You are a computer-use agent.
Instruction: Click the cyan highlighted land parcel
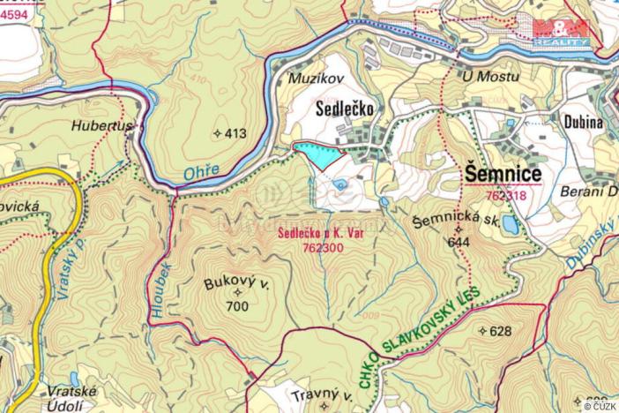click(x=317, y=154)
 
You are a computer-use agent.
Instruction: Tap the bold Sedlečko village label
click(x=345, y=109)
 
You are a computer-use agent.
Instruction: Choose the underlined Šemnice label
click(x=503, y=173)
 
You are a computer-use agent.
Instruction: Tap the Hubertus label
click(x=102, y=126)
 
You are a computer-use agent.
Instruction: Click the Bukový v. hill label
click(x=235, y=285)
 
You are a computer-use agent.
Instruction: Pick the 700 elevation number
click(x=236, y=306)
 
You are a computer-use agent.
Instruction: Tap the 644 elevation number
click(x=458, y=241)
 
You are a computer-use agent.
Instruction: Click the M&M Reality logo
click(x=561, y=32)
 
